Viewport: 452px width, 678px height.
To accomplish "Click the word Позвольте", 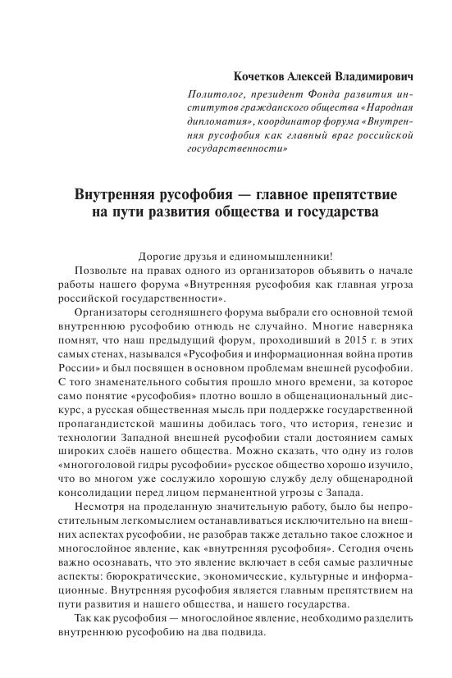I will pyautogui.click(x=103, y=271).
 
